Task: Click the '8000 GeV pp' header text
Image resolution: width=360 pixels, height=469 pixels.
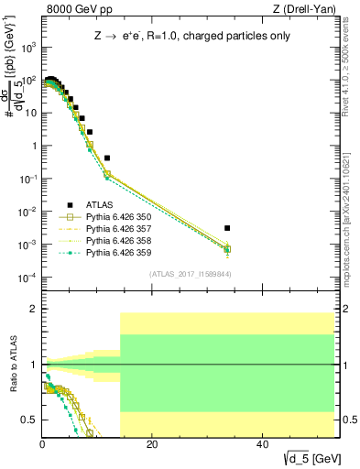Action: pos(75,10)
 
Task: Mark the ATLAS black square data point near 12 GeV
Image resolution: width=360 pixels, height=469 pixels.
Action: pos(107,158)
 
